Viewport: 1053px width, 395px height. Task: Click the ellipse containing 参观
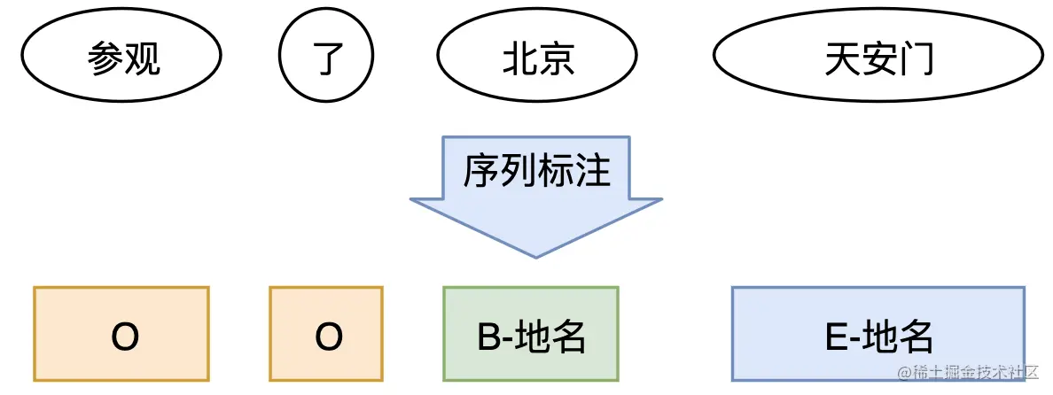(x=123, y=59)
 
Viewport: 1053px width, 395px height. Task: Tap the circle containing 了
(x=327, y=59)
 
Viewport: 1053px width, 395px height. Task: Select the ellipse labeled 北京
(x=537, y=59)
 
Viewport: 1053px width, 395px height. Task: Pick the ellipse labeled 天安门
(x=878, y=59)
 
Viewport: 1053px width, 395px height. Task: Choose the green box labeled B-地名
(x=530, y=335)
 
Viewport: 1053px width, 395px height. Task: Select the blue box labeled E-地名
(x=877, y=334)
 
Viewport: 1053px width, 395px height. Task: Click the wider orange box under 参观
(x=121, y=334)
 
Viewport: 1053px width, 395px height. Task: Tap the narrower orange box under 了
(x=326, y=334)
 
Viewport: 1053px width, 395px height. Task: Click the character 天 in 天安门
(x=841, y=60)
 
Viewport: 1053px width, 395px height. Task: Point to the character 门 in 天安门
(x=916, y=60)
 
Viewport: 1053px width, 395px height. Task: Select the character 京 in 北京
(x=557, y=60)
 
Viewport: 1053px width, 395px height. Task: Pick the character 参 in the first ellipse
(x=105, y=60)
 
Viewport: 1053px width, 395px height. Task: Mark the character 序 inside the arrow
(x=480, y=170)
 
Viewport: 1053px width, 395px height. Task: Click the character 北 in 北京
(x=519, y=60)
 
